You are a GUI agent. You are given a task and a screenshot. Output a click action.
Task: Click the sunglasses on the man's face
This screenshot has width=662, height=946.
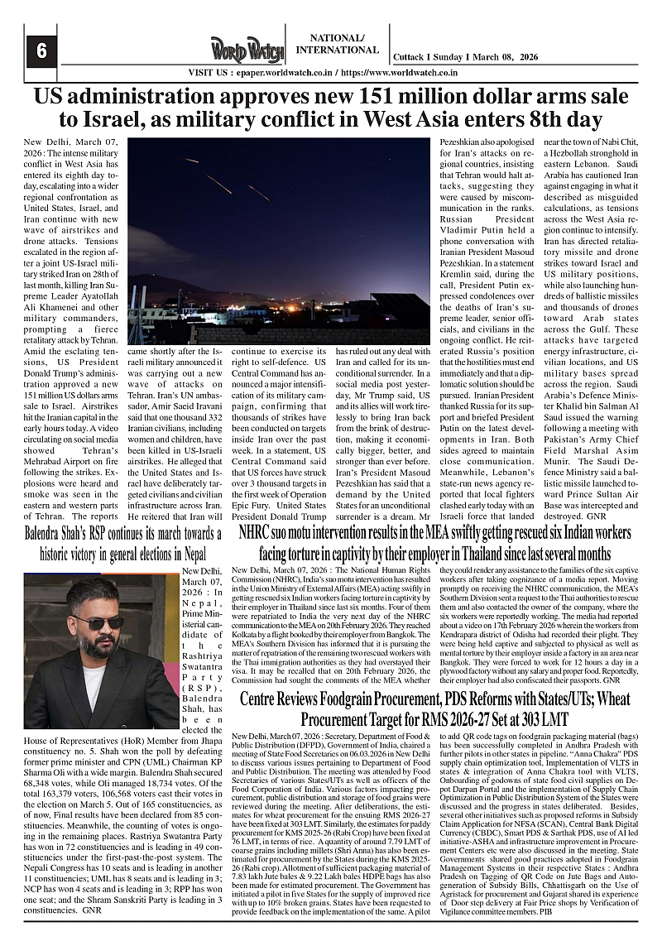click(x=98, y=622)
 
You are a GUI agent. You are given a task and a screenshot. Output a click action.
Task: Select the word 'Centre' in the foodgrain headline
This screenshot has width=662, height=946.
click(x=264, y=699)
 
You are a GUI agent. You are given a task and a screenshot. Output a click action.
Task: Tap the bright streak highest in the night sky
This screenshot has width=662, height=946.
click(x=192, y=160)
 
